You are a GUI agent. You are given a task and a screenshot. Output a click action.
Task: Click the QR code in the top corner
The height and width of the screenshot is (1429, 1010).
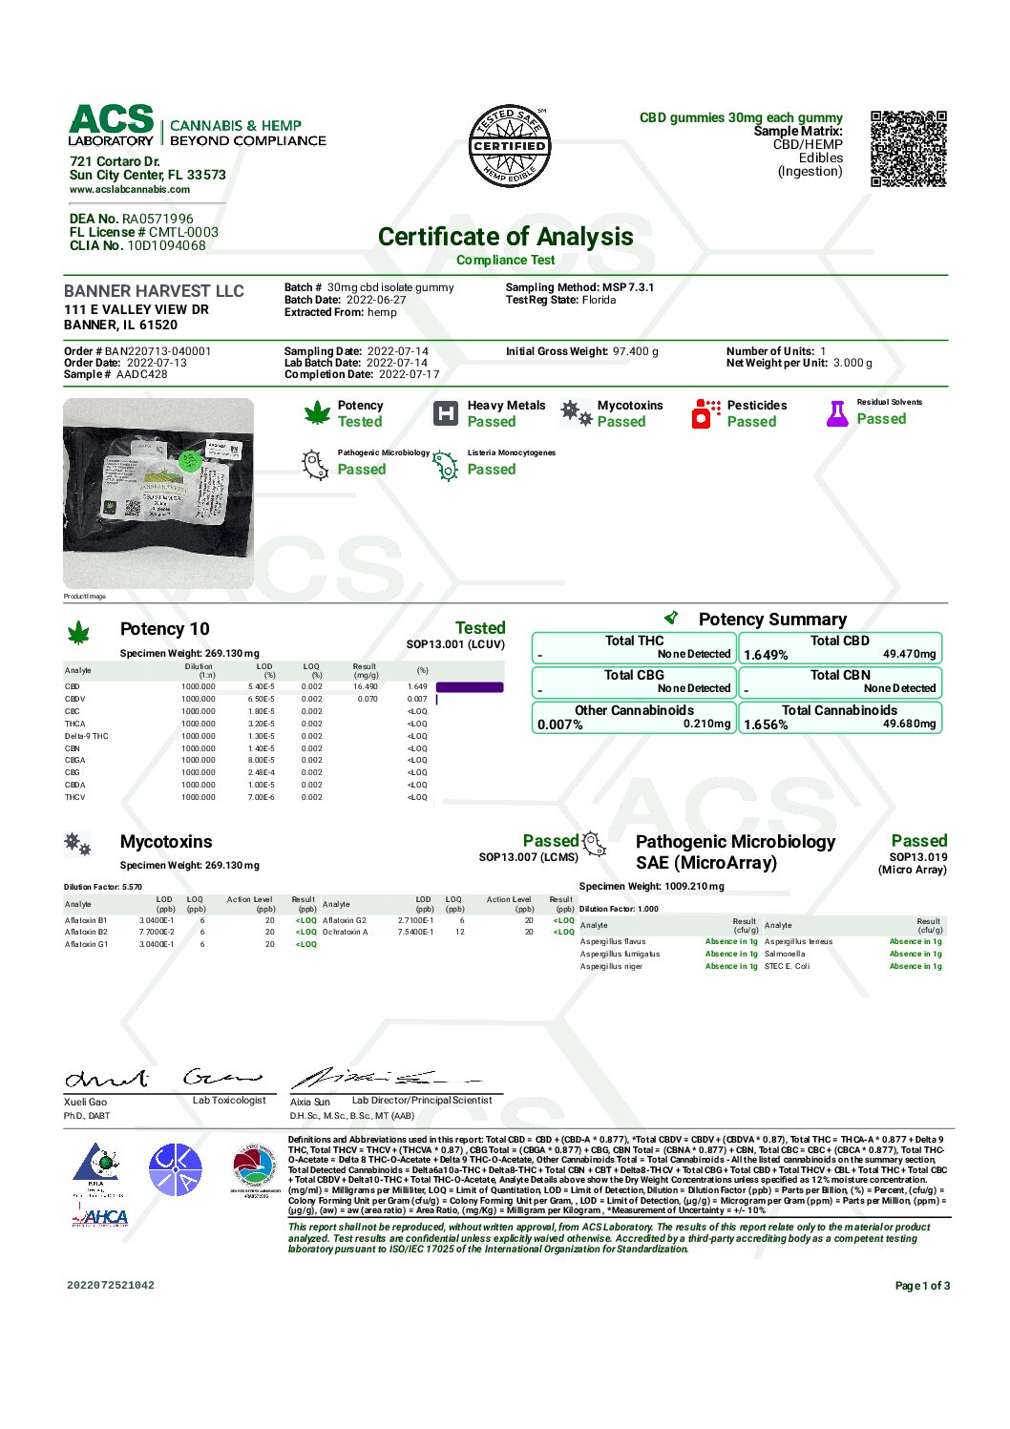(908, 148)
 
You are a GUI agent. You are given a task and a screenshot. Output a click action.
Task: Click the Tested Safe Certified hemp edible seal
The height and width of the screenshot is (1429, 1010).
(511, 146)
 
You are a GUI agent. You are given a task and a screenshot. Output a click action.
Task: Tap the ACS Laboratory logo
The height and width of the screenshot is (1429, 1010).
(111, 125)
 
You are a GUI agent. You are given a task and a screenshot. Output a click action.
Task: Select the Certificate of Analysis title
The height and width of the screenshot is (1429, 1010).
(505, 237)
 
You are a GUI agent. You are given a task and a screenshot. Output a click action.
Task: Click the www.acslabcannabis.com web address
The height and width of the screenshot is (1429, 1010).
(129, 189)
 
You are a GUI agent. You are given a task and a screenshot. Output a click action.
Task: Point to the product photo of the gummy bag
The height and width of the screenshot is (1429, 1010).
(158, 493)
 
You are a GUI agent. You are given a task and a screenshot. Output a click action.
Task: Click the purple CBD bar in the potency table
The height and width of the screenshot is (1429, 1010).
(469, 687)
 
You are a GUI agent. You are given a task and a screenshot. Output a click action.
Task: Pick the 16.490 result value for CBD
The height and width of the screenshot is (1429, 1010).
(365, 686)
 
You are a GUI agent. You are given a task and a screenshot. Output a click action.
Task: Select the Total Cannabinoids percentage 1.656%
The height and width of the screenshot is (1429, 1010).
(766, 725)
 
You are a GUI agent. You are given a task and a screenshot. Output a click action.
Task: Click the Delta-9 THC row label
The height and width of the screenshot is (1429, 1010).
(87, 736)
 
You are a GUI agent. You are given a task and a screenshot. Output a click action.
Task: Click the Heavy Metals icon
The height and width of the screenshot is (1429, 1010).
(446, 413)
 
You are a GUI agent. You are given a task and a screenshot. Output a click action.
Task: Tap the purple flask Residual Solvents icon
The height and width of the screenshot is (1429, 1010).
(837, 413)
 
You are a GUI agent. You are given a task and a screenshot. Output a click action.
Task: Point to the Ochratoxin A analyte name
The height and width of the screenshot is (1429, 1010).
(345, 932)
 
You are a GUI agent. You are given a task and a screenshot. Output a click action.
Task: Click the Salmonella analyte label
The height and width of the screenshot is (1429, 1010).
(785, 954)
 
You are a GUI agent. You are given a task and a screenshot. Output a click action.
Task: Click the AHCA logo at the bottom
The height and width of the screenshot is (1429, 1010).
(100, 1217)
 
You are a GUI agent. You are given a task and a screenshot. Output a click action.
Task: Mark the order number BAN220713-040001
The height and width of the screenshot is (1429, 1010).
(158, 351)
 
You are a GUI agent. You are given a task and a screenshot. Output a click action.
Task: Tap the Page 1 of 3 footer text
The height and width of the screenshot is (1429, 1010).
(922, 1286)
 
